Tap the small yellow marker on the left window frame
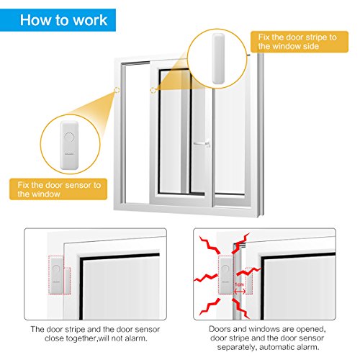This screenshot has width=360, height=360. pyautogui.click(x=116, y=91)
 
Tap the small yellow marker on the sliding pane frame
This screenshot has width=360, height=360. pyautogui.click(x=153, y=91)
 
